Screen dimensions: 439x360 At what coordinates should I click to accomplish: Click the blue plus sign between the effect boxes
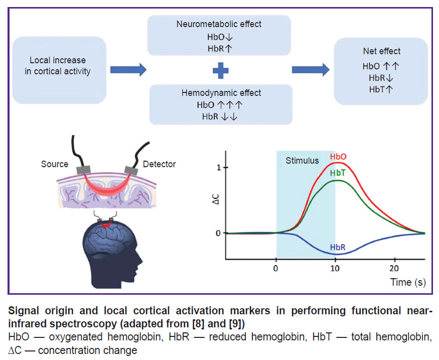pyautogui.click(x=221, y=70)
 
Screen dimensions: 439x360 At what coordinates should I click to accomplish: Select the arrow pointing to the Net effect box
pyautogui.click(x=311, y=70)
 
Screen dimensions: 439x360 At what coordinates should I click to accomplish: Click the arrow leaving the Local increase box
pyautogui.click(x=128, y=70)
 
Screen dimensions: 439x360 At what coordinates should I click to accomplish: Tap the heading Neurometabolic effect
pyautogui.click(x=219, y=24)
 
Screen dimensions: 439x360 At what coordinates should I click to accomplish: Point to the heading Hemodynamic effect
pyautogui.click(x=221, y=93)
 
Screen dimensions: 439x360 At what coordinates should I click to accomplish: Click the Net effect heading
pyautogui.click(x=382, y=51)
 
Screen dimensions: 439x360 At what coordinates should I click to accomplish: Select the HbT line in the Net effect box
pyautogui.click(x=381, y=89)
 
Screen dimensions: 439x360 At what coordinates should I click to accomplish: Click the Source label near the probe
pyautogui.click(x=55, y=164)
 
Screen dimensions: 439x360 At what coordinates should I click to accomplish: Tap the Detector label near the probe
pyautogui.click(x=160, y=164)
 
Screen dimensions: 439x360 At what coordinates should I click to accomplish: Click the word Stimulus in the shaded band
pyautogui.click(x=302, y=161)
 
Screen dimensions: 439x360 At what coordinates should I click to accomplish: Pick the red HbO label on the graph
pyautogui.click(x=338, y=157)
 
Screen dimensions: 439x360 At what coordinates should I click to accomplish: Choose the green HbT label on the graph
pyautogui.click(x=338, y=173)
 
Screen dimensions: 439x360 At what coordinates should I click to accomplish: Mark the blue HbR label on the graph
pyautogui.click(x=338, y=248)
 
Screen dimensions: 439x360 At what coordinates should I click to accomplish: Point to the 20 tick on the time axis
pyautogui.click(x=394, y=269)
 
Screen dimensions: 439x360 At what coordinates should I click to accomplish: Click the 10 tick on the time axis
pyautogui.click(x=335, y=269)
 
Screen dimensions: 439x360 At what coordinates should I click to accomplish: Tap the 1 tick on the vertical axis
pyautogui.click(x=219, y=168)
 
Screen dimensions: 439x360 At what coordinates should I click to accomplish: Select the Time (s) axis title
pyautogui.click(x=408, y=282)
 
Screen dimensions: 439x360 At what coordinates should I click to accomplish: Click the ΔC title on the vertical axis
pyautogui.click(x=216, y=199)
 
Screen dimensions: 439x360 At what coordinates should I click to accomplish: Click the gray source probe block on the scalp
pyautogui.click(x=83, y=170)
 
